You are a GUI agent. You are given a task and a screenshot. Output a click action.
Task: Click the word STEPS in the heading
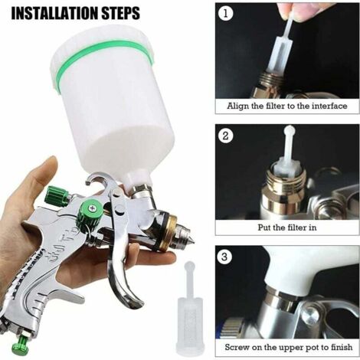(121, 13)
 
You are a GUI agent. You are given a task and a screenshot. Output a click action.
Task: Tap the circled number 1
(226, 13)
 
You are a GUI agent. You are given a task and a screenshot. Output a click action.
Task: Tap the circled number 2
(226, 136)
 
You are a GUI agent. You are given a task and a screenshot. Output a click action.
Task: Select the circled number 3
(224, 257)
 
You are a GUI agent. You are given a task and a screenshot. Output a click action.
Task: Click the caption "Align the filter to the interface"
(287, 106)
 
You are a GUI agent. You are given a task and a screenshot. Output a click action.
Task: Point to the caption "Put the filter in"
(287, 227)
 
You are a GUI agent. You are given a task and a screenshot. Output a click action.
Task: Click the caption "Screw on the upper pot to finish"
(289, 347)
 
